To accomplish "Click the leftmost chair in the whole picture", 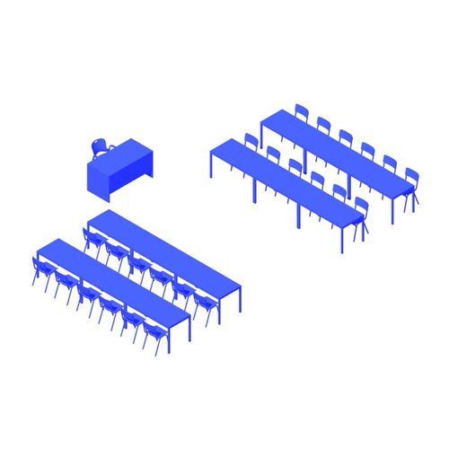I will pyautogui.click(x=41, y=271).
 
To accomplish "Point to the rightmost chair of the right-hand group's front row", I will pyautogui.click(x=360, y=214).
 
